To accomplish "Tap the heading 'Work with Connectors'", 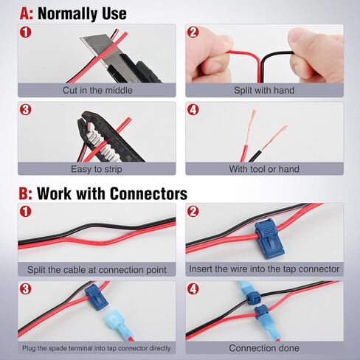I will click(111, 194).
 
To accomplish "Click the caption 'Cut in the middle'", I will click(97, 90).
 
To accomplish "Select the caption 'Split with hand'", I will click(264, 90).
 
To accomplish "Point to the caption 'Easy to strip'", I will click(97, 169).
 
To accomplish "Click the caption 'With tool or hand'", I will click(264, 169).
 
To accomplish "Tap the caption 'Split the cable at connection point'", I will click(97, 269).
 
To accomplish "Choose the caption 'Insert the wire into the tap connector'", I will click(264, 269).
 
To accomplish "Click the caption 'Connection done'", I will click(264, 347).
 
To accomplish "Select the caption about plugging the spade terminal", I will click(97, 347).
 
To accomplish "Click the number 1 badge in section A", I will click(26, 32).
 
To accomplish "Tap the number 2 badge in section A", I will click(193, 32).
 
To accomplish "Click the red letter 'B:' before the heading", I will click(25, 194).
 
